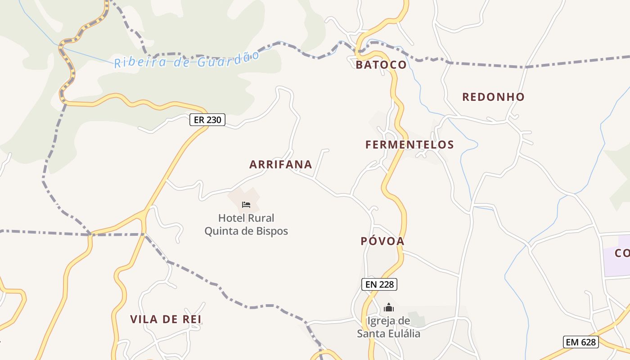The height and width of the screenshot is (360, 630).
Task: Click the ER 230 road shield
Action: pos(207,120)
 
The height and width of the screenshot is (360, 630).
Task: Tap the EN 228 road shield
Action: pos(379,284)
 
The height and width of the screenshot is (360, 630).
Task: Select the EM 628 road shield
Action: pos(581,342)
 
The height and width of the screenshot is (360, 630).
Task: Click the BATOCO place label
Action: pos(381,65)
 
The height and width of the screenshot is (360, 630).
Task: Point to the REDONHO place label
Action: pos(493,97)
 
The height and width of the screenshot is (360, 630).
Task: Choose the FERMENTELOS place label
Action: pos(409,144)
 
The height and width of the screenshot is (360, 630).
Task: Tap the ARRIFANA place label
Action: pos(281,164)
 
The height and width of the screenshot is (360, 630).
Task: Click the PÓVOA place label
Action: pos(382,241)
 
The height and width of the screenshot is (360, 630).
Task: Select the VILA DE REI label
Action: pos(166,319)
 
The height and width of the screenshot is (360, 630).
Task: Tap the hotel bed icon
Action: pos(246,205)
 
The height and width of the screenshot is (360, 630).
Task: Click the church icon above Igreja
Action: pos(388,308)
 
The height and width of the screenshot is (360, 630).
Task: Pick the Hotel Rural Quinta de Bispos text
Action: pos(246,225)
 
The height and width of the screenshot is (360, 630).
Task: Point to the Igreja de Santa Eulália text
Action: pos(389,327)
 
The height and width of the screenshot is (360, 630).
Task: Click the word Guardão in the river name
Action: pos(228,59)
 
